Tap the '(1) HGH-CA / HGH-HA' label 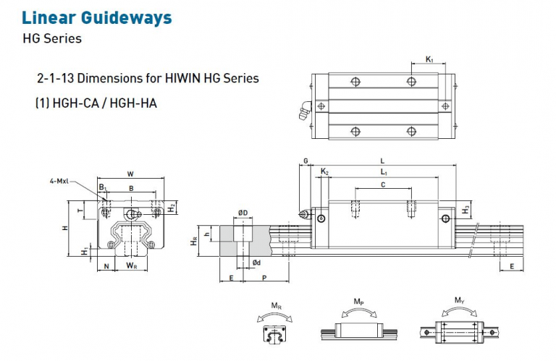96,103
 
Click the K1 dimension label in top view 429,60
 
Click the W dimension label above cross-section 130,173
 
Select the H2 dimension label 171,208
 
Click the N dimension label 106,266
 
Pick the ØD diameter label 243,213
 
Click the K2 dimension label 324,172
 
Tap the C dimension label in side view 383,185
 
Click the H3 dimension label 467,209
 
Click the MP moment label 358,300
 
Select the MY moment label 459,300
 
